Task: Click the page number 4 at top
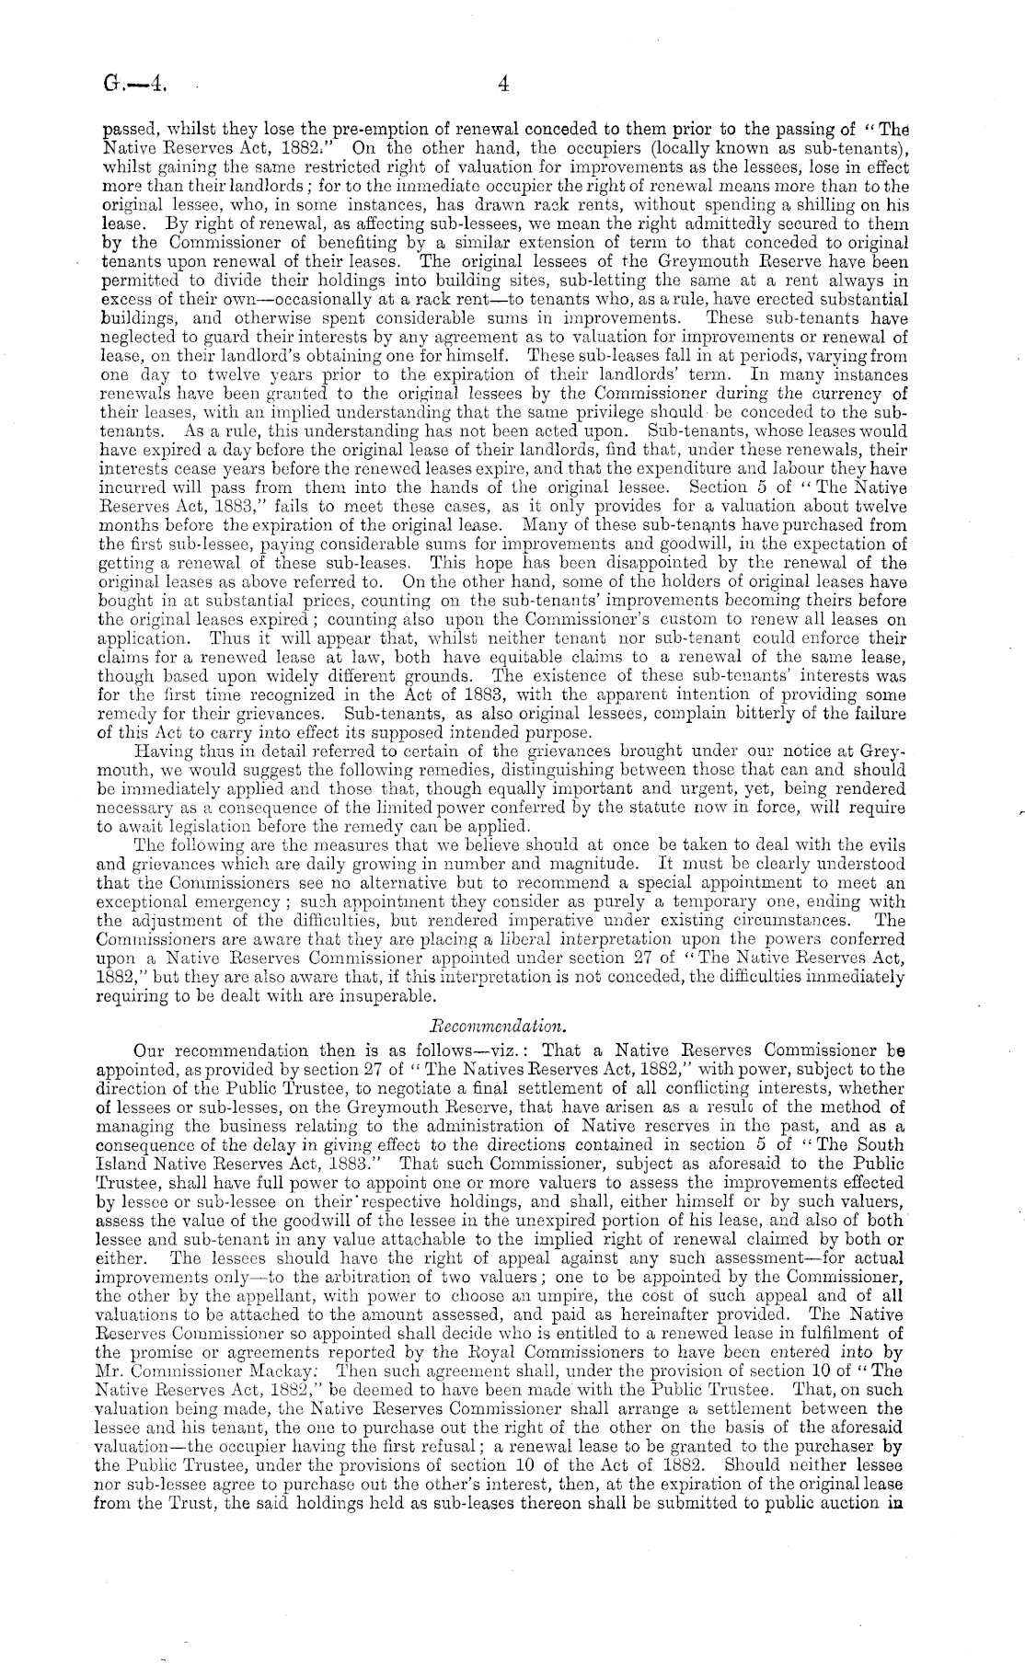502,85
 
